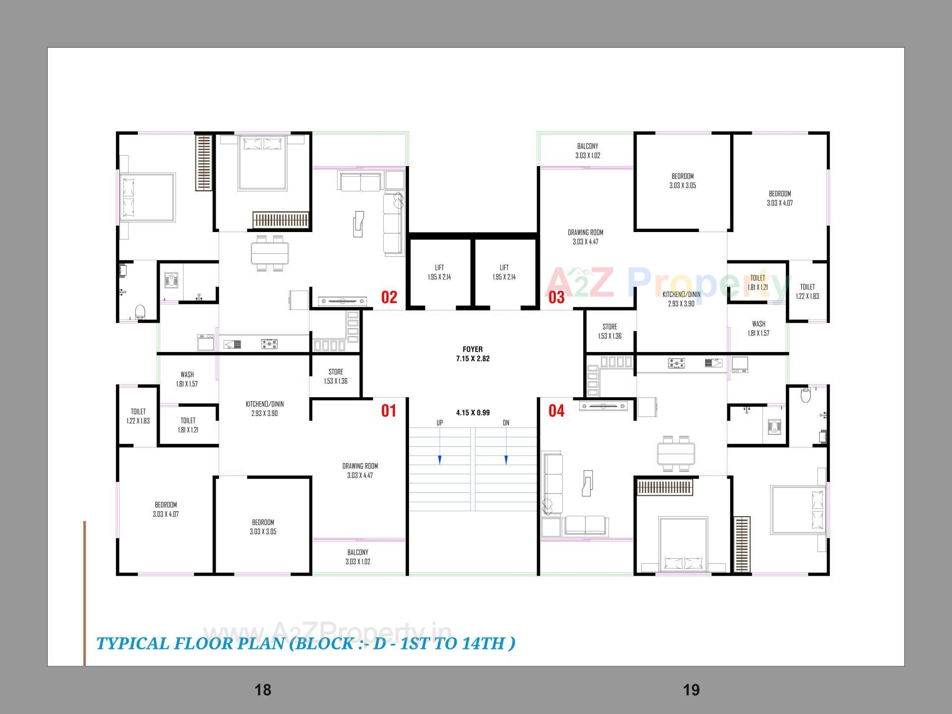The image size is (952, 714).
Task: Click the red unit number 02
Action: click(389, 297)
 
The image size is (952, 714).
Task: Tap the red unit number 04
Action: click(556, 411)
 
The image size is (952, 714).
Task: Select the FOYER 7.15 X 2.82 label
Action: click(473, 354)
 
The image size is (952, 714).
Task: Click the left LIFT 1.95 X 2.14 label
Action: click(439, 272)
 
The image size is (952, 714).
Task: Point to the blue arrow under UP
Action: click(440, 460)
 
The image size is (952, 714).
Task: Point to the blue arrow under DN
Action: click(506, 460)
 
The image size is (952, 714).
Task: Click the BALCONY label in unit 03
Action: click(588, 151)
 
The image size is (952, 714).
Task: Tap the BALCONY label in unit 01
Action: click(357, 557)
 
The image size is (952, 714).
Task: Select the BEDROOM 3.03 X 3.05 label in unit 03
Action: click(682, 181)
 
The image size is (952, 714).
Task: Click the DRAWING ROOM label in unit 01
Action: click(360, 471)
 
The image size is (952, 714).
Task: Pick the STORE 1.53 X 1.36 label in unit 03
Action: click(609, 331)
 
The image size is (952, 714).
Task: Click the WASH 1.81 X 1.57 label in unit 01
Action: click(187, 379)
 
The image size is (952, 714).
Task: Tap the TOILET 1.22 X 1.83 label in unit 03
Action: click(807, 292)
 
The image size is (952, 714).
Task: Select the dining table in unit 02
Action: click(270, 253)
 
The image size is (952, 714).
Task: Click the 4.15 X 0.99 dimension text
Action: click(473, 413)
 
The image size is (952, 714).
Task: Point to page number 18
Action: click(263, 690)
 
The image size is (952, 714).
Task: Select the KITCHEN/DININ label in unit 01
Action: click(265, 409)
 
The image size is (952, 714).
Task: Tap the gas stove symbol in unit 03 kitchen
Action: click(676, 364)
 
